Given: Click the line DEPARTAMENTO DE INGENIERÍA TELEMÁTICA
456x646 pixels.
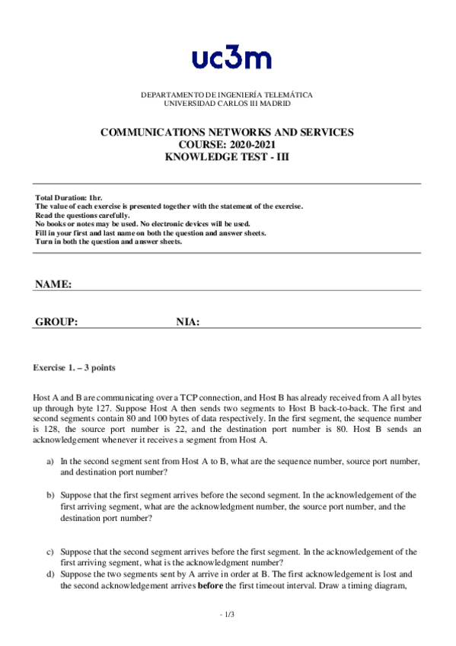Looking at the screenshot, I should point(227,95).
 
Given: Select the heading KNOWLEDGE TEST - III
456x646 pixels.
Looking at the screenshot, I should point(227,156).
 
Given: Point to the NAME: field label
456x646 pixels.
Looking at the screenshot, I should point(53,284).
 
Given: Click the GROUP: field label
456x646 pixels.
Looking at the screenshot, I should point(56,322).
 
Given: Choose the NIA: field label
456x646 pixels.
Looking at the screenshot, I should point(188,322).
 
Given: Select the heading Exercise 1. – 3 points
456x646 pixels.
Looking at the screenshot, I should point(74,368).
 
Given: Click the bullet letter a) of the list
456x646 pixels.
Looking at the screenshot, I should point(50,462).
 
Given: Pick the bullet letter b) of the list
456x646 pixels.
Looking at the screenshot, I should point(50,494).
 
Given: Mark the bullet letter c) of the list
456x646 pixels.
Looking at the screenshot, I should point(50,551).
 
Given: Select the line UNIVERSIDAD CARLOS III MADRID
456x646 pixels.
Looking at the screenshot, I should point(227,103).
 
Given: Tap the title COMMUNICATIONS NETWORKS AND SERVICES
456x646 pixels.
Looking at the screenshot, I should point(227,132).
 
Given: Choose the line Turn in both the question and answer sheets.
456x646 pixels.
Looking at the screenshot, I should point(109,242).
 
